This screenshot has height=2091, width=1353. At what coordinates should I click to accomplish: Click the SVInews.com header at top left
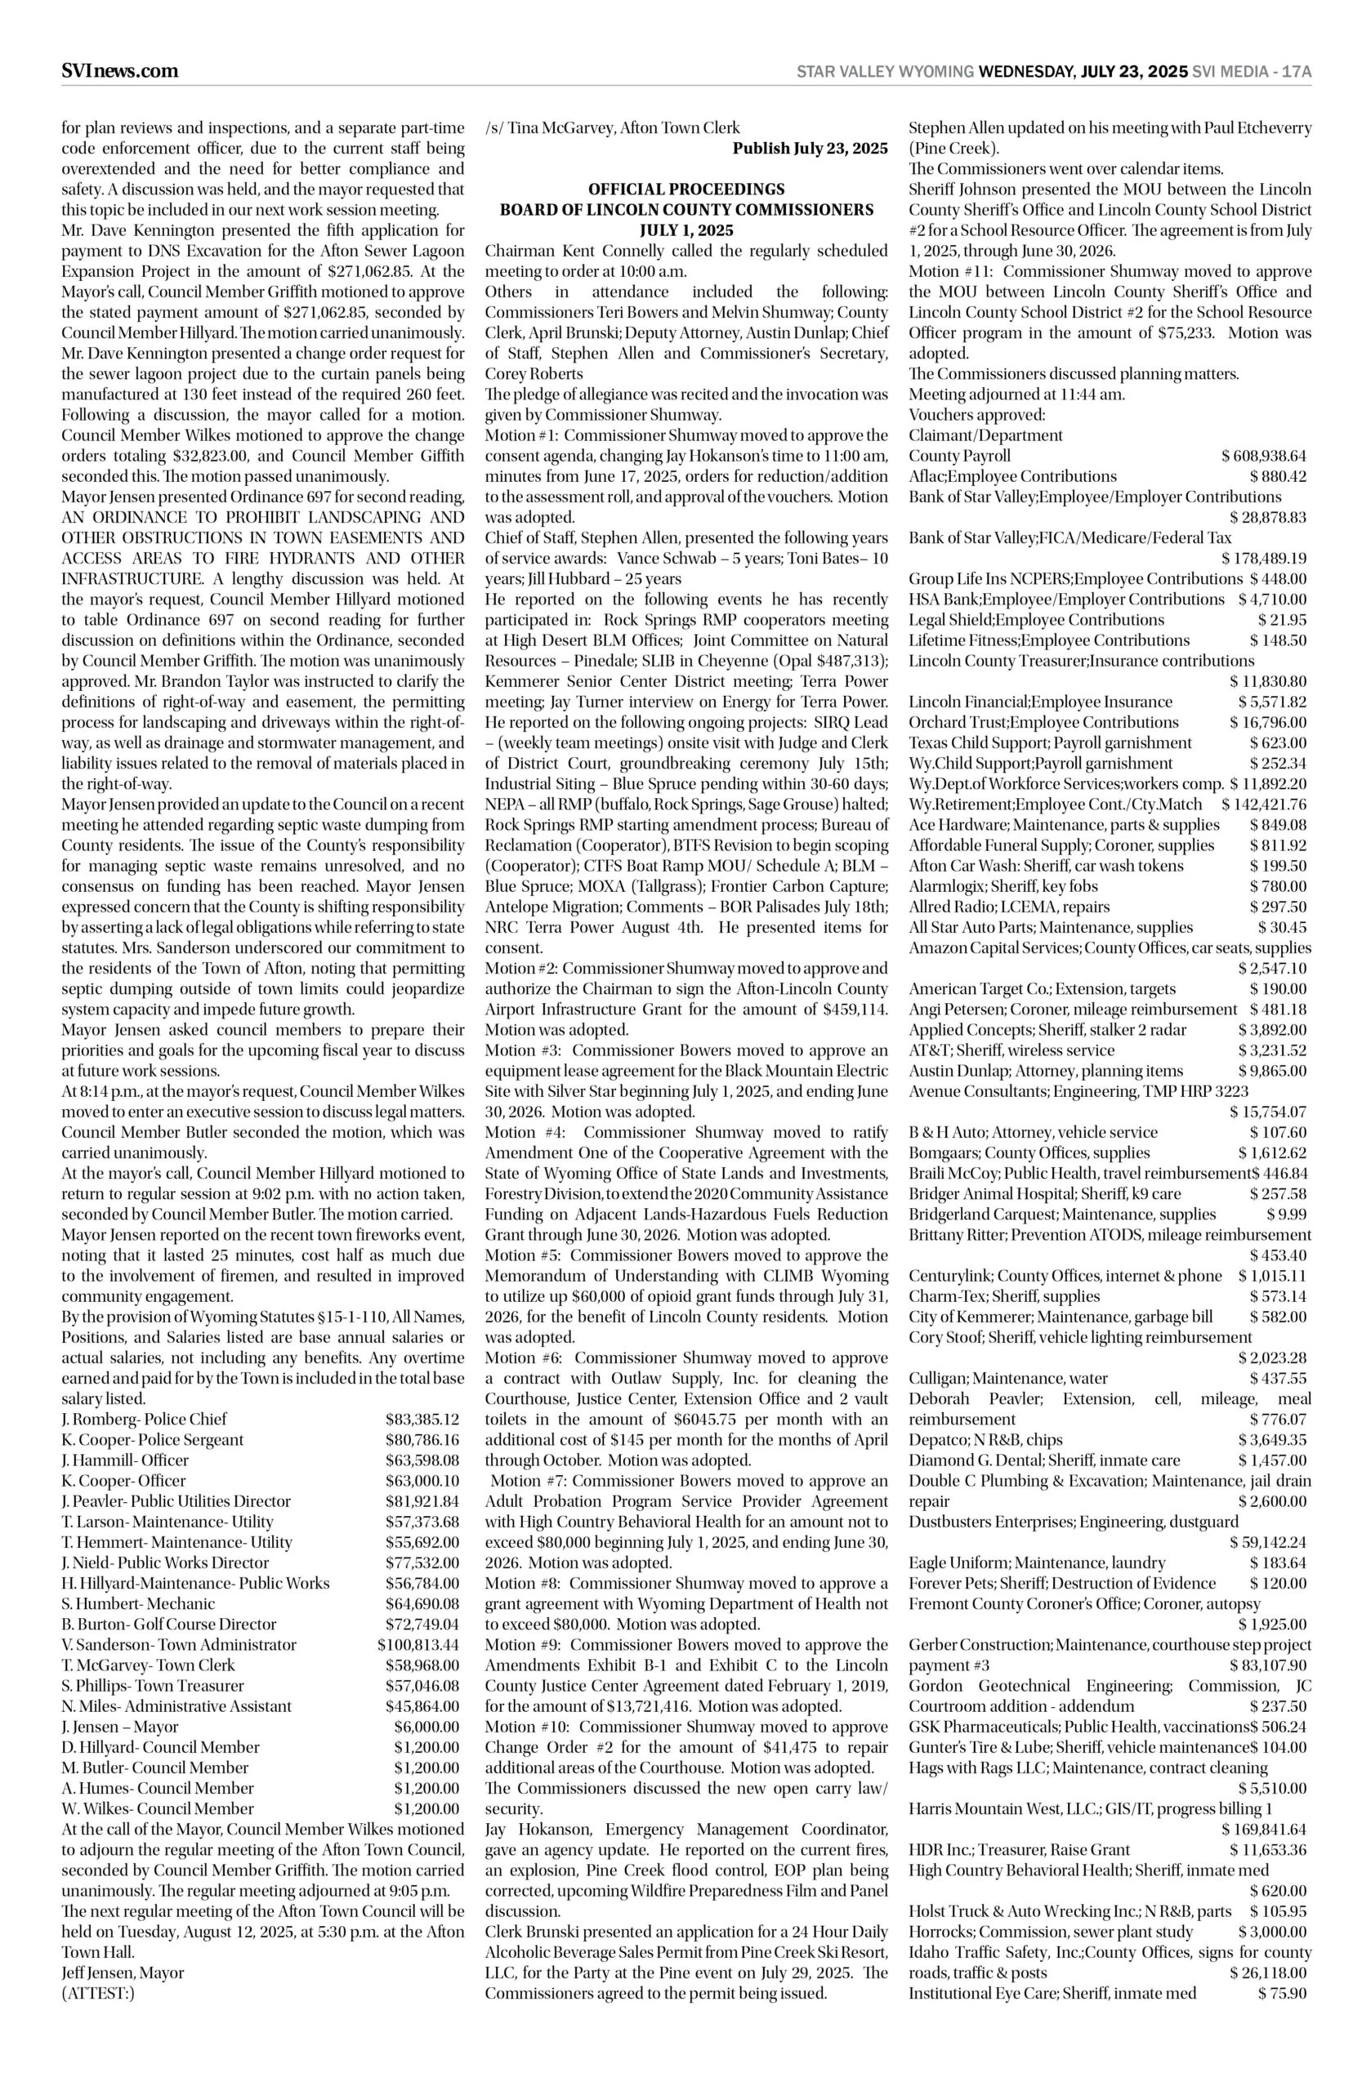pyautogui.click(x=119, y=71)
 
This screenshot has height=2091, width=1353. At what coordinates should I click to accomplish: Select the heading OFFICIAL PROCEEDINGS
pyautogui.click(x=686, y=189)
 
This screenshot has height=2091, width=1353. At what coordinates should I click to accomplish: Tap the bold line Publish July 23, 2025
pyautogui.click(x=810, y=149)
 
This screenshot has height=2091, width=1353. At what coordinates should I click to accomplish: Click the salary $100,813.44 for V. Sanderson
pyautogui.click(x=418, y=1645)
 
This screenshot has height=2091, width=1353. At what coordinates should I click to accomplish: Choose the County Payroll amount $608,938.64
pyautogui.click(x=1263, y=456)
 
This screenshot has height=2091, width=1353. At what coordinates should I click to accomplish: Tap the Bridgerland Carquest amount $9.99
pyautogui.click(x=1286, y=1215)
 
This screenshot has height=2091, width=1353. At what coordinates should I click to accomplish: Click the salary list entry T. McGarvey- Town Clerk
pyautogui.click(x=149, y=1665)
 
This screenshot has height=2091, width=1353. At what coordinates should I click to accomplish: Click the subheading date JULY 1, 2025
pyautogui.click(x=686, y=231)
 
